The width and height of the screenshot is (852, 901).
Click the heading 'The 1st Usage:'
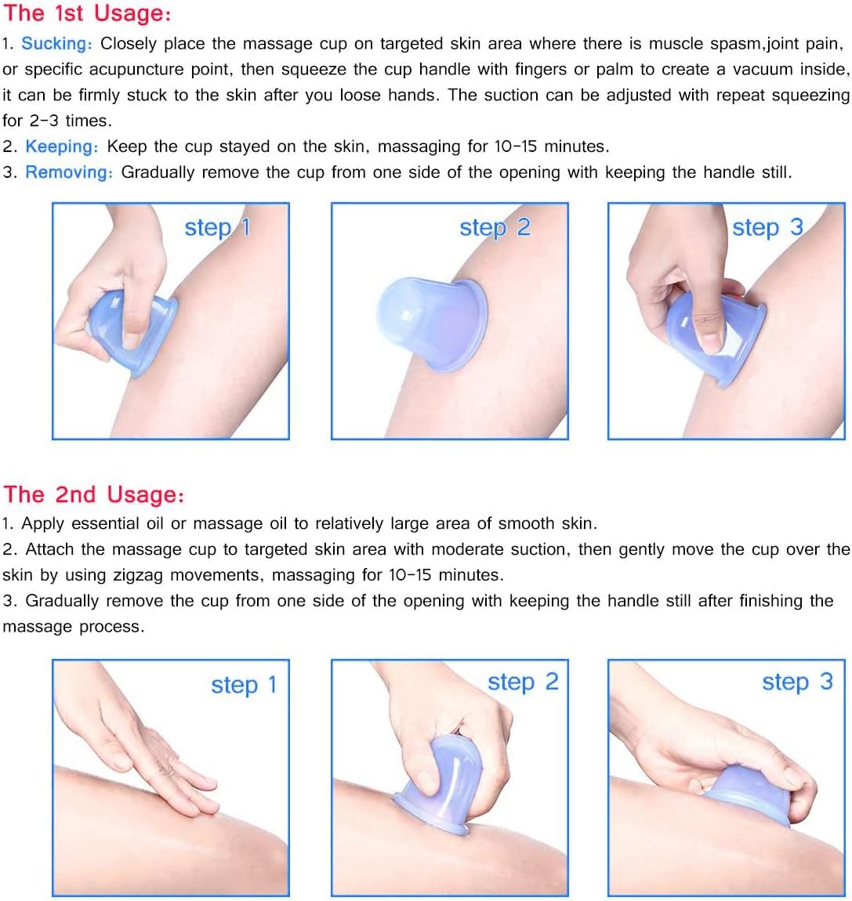(87, 13)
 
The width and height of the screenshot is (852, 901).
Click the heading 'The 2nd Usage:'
(94, 494)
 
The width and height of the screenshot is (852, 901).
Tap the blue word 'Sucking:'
(57, 44)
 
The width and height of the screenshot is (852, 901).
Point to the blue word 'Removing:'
(69, 172)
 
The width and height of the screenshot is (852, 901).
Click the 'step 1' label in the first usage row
(217, 227)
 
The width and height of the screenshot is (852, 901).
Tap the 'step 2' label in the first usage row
(495, 227)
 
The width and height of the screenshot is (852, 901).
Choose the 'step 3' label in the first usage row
(767, 227)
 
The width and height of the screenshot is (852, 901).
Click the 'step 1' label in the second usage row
(244, 685)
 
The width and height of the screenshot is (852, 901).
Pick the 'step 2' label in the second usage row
(523, 682)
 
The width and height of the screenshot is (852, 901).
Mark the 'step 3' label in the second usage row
(797, 682)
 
